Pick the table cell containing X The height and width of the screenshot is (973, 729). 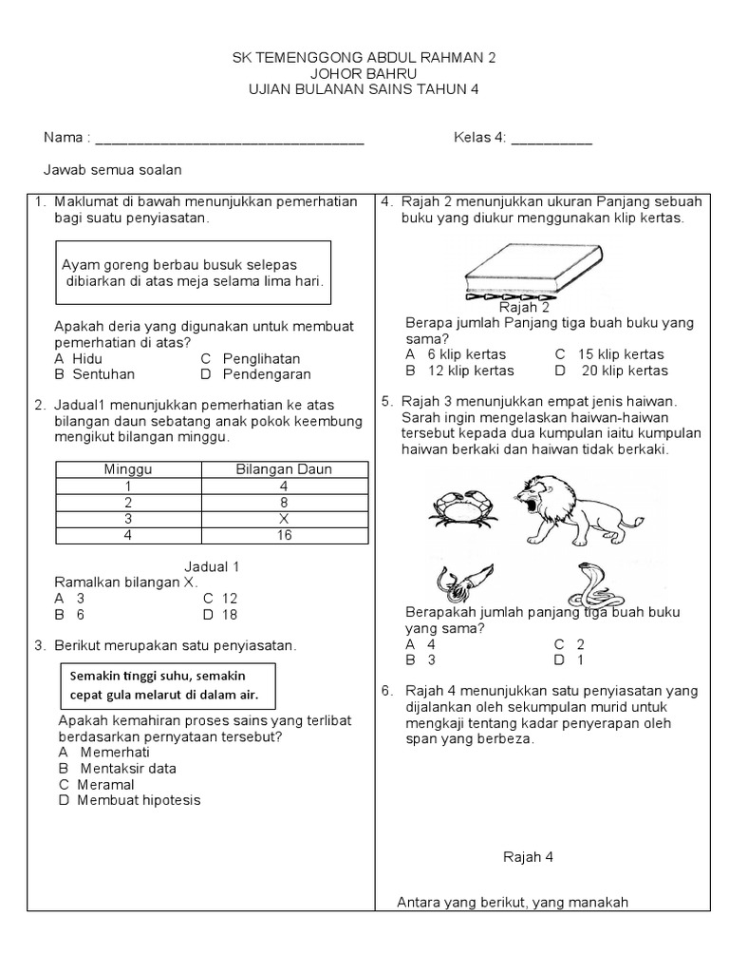tap(283, 519)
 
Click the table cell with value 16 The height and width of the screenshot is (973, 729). tap(283, 535)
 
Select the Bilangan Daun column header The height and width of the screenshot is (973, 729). tap(283, 469)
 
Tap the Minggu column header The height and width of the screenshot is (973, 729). tap(127, 469)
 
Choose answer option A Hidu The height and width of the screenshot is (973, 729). tap(79, 358)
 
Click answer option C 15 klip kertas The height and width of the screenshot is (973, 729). tap(609, 354)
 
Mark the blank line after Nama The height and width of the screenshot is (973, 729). tap(230, 140)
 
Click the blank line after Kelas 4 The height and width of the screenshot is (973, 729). tap(551, 140)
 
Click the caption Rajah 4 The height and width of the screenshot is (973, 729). tap(528, 856)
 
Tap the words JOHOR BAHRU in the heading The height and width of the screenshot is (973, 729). tap(364, 73)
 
